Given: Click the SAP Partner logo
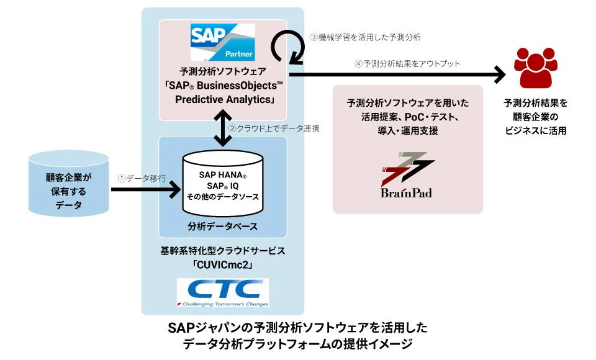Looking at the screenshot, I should [222, 42].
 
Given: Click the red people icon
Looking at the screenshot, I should [535, 69].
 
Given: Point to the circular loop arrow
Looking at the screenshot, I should [287, 47].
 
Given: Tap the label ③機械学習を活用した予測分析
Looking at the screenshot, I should [365, 37].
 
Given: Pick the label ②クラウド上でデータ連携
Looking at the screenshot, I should [274, 128].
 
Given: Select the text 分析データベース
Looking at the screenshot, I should [222, 226].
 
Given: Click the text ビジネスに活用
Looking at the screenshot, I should [535, 130].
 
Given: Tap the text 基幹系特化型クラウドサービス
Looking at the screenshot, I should [223, 251].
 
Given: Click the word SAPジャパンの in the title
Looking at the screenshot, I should [206, 327].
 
